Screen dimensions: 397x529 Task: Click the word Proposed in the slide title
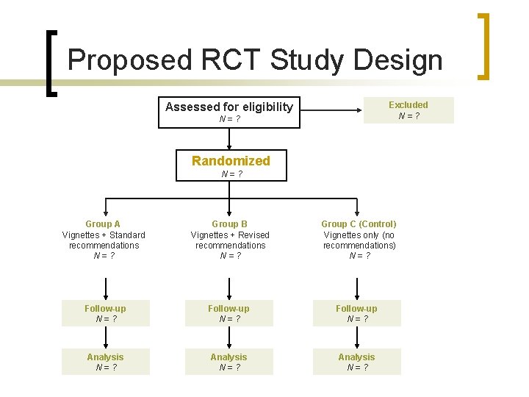117,60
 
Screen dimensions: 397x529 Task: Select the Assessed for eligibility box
229,112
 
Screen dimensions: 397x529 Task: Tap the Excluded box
409,110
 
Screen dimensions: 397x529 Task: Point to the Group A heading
103,223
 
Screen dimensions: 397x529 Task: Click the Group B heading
229,223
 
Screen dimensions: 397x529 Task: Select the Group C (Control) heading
359,223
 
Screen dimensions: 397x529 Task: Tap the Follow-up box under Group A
105,313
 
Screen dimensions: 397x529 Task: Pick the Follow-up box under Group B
228,313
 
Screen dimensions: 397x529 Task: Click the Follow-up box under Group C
356,313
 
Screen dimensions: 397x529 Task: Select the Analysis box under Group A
105,362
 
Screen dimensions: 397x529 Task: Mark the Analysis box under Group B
228,362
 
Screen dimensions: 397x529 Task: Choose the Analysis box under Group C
356,362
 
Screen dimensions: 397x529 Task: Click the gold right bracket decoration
485,46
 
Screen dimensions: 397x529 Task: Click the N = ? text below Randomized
231,174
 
